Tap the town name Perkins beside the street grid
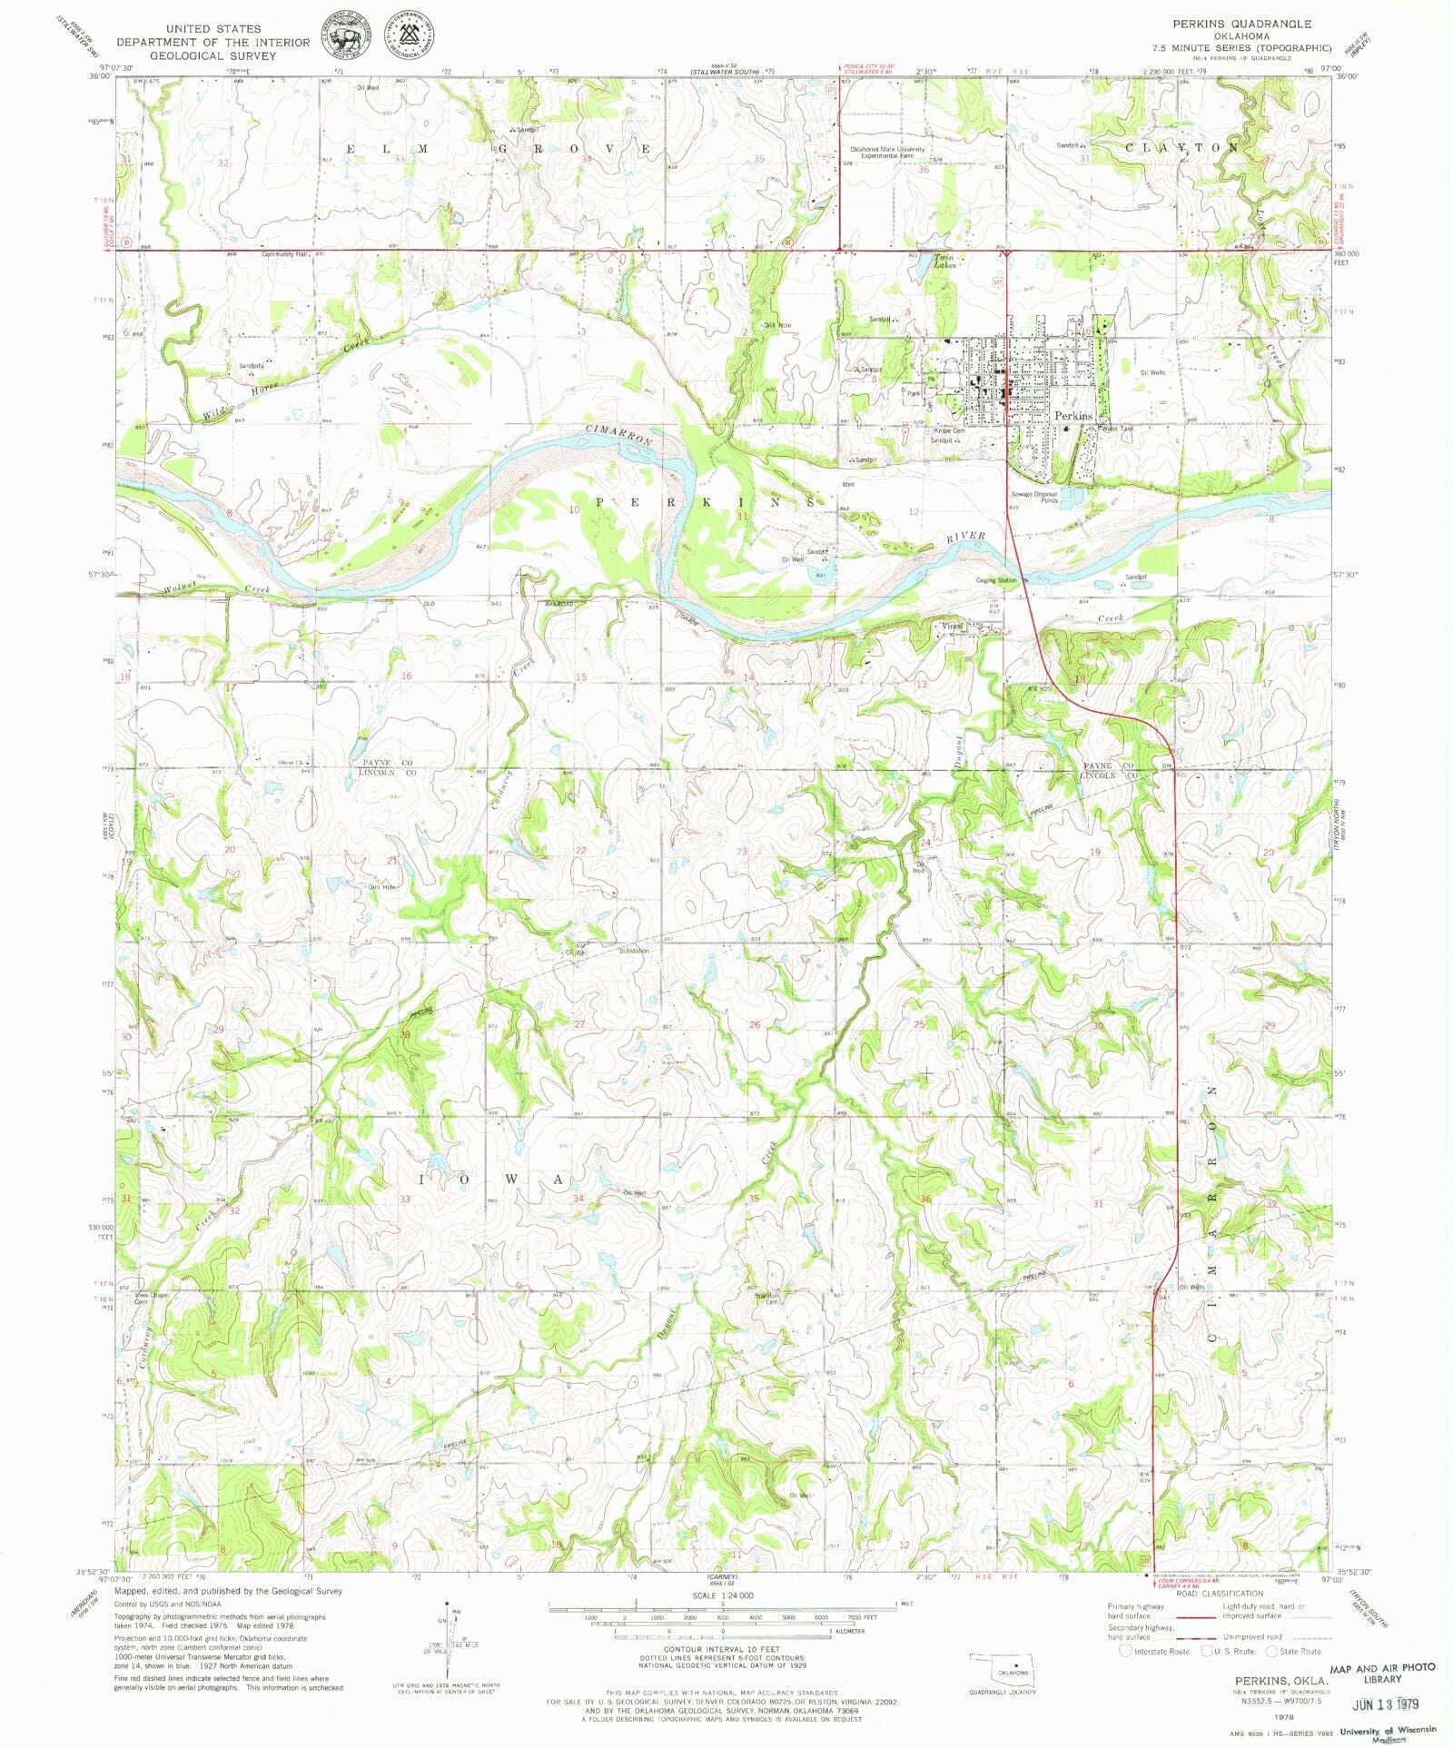point(1072,415)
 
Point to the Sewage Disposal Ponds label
point(1034,497)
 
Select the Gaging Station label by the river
point(995,579)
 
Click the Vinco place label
point(951,626)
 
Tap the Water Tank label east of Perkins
point(1118,429)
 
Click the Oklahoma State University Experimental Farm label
point(887,153)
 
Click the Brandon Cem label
point(766,1299)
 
